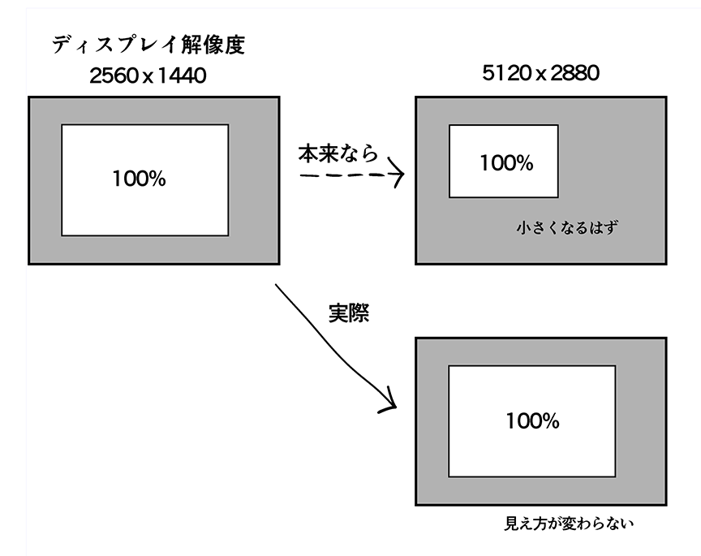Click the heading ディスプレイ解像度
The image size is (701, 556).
click(x=148, y=45)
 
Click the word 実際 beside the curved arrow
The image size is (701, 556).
click(x=349, y=313)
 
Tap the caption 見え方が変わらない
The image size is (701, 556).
click(x=568, y=524)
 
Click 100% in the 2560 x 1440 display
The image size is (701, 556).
click(x=139, y=179)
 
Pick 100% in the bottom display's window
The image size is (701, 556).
click(x=532, y=421)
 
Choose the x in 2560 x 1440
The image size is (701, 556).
click(x=148, y=79)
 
